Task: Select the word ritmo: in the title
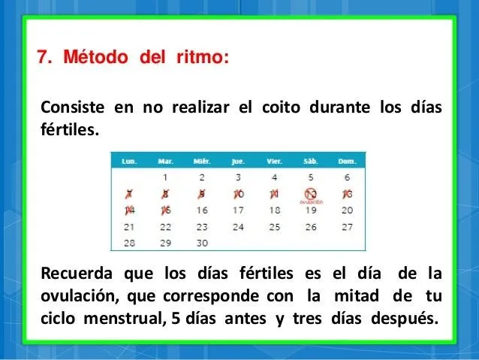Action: (x=203, y=57)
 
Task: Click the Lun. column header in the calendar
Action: (x=129, y=160)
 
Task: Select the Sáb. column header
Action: (x=310, y=160)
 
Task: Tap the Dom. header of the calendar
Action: (x=346, y=160)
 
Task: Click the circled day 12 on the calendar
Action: (x=310, y=194)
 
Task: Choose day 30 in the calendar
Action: (x=202, y=243)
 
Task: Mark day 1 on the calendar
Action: (x=165, y=178)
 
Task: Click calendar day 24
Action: (x=238, y=226)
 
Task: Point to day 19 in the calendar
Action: (x=310, y=210)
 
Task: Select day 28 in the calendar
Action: (x=129, y=243)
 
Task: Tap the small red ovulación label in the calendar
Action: (x=310, y=202)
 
